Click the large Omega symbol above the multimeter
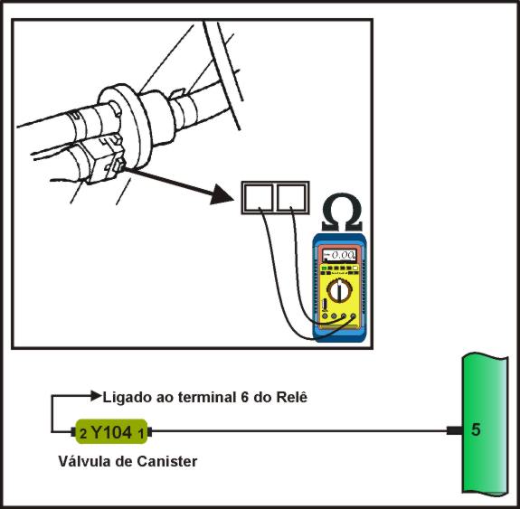pos(342,212)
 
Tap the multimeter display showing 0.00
pos(340,255)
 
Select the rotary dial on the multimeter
pos(339,290)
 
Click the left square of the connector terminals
pos(258,198)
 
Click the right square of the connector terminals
pos(292,198)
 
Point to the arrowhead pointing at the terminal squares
pos(222,195)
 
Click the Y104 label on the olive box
pos(111,432)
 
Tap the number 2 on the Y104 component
pos(83,434)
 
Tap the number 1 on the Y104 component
pos(141,433)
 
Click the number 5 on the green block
pos(476,430)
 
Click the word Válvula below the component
pos(87,461)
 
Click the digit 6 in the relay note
pos(245,397)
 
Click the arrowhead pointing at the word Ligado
pos(96,396)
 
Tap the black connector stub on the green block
pos(455,430)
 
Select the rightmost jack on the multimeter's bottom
pos(353,316)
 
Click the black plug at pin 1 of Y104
pos(149,432)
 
